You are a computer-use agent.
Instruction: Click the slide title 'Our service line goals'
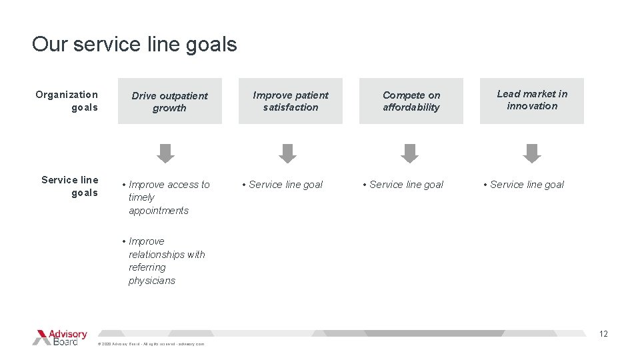(134, 45)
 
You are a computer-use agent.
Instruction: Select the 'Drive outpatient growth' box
(169, 101)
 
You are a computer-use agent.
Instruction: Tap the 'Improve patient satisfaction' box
(291, 101)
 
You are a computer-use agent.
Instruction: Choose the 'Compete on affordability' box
(411, 101)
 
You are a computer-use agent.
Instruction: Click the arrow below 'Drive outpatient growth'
(165, 153)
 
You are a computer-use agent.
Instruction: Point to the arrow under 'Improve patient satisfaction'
(287, 153)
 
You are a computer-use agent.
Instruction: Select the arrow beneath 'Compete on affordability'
(409, 153)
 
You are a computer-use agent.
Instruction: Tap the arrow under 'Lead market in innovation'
(532, 153)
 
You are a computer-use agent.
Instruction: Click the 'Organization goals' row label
(67, 101)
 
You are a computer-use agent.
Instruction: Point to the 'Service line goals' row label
(70, 186)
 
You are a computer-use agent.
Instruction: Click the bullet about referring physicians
(165, 261)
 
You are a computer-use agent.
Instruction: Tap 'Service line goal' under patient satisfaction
(285, 185)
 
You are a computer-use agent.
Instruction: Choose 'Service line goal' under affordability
(405, 185)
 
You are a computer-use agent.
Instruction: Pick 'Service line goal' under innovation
(526, 185)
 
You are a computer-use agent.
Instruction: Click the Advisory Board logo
(59, 337)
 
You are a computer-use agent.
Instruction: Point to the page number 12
(603, 334)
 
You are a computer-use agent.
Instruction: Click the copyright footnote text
(151, 344)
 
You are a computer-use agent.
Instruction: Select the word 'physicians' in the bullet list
(152, 281)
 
